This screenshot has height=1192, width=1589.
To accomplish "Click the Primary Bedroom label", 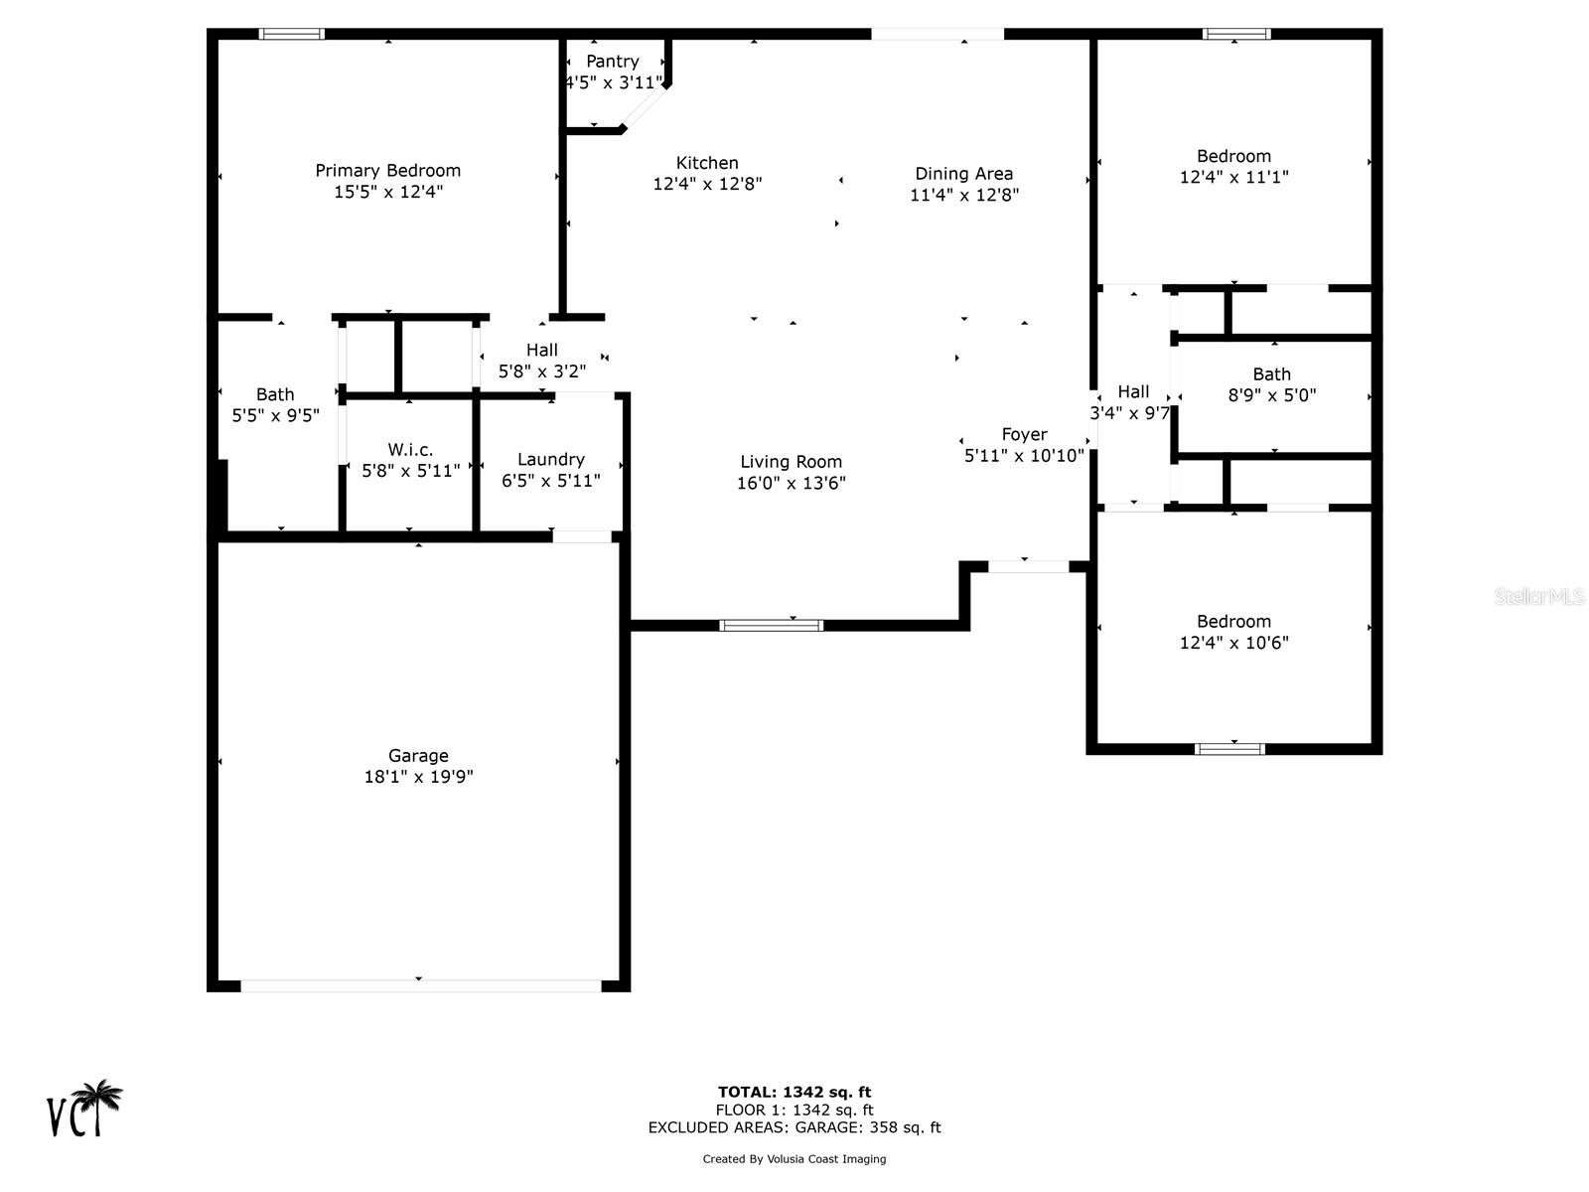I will [x=387, y=171].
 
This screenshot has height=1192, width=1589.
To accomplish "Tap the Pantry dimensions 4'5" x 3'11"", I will [x=612, y=83].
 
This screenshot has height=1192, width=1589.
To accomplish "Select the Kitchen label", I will [x=707, y=163].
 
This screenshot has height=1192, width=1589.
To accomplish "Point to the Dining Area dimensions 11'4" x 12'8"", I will [x=963, y=196].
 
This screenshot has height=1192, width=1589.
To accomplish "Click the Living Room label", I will [x=791, y=462].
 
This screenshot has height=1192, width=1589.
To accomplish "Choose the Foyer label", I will [x=1024, y=435].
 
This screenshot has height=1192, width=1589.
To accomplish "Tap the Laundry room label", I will [x=550, y=460].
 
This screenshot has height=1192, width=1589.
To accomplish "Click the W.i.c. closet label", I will [x=410, y=450].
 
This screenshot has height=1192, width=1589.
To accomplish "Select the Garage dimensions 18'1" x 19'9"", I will [x=418, y=777].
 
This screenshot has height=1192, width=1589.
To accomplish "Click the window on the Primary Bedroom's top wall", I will [x=292, y=34].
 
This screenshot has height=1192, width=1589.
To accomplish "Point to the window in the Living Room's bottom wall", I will [x=771, y=625].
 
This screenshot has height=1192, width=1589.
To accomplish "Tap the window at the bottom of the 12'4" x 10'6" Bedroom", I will [x=1229, y=748].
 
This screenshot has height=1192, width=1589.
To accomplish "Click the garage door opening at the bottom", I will [x=420, y=985].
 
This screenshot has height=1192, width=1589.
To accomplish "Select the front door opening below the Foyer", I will [x=1028, y=566].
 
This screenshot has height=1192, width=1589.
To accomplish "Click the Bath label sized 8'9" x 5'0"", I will [x=1271, y=374].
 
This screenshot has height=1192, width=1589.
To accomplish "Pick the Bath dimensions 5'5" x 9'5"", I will [x=275, y=415].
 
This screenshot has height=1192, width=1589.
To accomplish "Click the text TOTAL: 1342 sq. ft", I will [x=794, y=1093].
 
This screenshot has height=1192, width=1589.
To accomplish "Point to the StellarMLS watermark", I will [x=1539, y=596].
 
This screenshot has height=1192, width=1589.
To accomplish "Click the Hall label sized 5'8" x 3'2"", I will [x=541, y=351].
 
